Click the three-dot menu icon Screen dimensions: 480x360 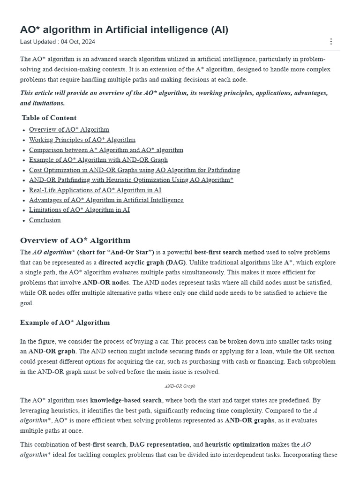331,42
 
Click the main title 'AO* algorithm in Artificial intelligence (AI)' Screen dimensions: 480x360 124,30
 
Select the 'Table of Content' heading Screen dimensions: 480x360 49,118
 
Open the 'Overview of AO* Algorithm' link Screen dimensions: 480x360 69,129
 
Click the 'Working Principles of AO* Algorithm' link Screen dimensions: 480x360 82,140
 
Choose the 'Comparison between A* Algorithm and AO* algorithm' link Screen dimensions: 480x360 106,150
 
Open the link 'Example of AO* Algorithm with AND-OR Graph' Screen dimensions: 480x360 98,160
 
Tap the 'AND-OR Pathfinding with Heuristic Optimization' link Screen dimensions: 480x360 131,180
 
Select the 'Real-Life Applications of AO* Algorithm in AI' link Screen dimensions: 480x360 95,190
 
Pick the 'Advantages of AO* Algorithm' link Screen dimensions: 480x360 106,200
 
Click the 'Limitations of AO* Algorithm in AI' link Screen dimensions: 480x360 79,210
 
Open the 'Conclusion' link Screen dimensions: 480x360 45,220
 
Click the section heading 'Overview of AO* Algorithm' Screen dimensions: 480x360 75,240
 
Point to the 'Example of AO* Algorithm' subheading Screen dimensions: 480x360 65,322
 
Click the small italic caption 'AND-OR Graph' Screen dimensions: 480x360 180,386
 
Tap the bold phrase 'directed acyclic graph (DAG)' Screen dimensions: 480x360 142,262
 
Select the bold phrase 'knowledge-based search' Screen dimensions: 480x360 126,400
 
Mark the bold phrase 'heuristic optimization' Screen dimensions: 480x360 237,444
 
